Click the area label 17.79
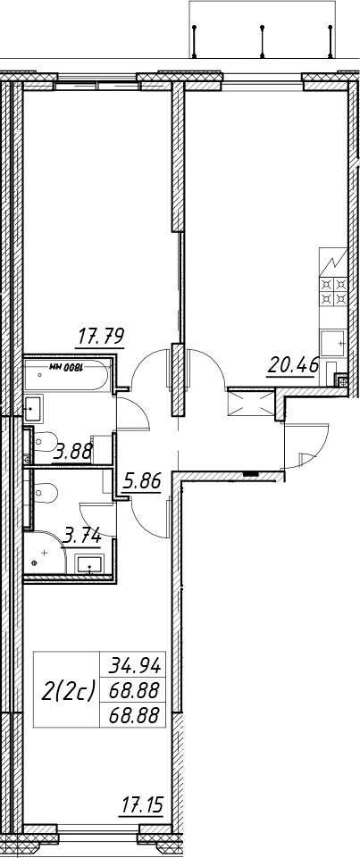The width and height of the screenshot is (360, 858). tap(101, 336)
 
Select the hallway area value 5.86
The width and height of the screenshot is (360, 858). tap(140, 483)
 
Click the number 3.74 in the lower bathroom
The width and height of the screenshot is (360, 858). tap(82, 537)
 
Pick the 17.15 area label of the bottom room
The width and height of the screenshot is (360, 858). tap(141, 805)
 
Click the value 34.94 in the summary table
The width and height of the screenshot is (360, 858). tap(135, 665)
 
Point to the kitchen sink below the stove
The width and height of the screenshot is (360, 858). tap(333, 344)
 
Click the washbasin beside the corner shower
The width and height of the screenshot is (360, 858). tap(90, 563)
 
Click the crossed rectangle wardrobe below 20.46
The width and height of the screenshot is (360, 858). tap(251, 404)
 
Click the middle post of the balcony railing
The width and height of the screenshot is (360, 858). tap(263, 41)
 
